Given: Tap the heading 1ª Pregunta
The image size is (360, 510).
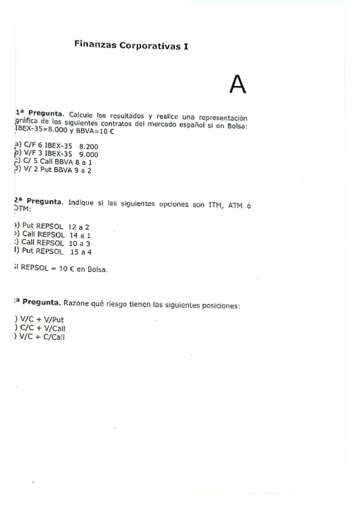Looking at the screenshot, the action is pyautogui.click(x=40, y=114).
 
